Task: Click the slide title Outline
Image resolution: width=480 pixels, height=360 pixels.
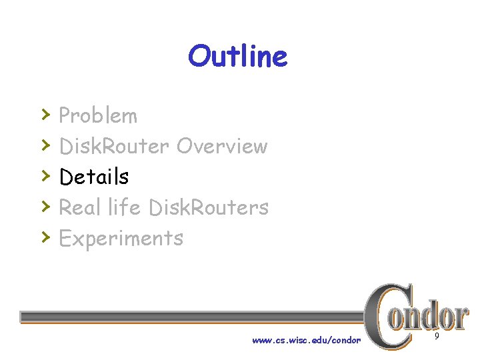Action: coord(237,57)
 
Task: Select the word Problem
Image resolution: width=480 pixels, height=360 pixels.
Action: coord(98,116)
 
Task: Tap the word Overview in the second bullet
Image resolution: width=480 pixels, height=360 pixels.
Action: coord(222,146)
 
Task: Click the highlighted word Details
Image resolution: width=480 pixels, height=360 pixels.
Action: coord(94,177)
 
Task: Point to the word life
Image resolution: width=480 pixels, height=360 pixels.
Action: coord(125,207)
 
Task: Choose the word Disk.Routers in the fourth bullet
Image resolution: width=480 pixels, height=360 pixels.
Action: coord(209,207)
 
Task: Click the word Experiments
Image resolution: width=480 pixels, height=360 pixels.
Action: coord(121,238)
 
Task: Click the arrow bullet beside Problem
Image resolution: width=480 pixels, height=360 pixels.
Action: coord(45,114)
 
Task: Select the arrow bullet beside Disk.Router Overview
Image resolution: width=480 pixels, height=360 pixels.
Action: coord(45,145)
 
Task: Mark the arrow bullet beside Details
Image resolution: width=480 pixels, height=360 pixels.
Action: coord(45,175)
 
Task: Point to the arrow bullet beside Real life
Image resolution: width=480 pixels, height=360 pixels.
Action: coord(45,206)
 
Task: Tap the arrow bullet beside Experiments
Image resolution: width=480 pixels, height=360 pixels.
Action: coord(45,237)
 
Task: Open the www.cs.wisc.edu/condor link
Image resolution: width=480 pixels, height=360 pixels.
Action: coord(306,341)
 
